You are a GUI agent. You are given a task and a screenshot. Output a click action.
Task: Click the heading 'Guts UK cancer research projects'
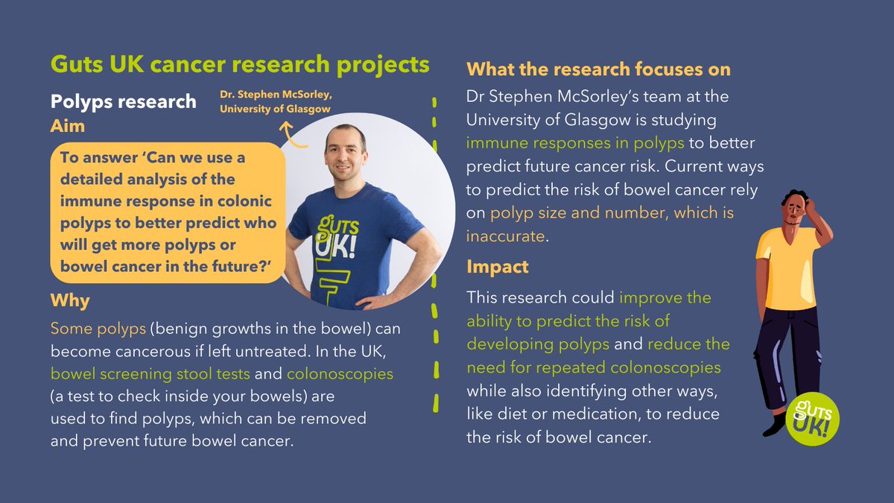pos(240,65)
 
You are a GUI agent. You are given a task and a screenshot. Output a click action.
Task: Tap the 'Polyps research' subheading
pos(124,101)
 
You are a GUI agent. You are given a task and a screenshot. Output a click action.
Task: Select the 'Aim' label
pos(68,126)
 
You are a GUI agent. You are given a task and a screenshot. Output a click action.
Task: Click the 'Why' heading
pos(70,301)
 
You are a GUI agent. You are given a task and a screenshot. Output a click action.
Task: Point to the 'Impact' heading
pos(498,267)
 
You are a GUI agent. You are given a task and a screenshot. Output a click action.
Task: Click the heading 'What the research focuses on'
pos(598,69)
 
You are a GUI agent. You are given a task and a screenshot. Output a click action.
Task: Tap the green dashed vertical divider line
pos(435,253)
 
